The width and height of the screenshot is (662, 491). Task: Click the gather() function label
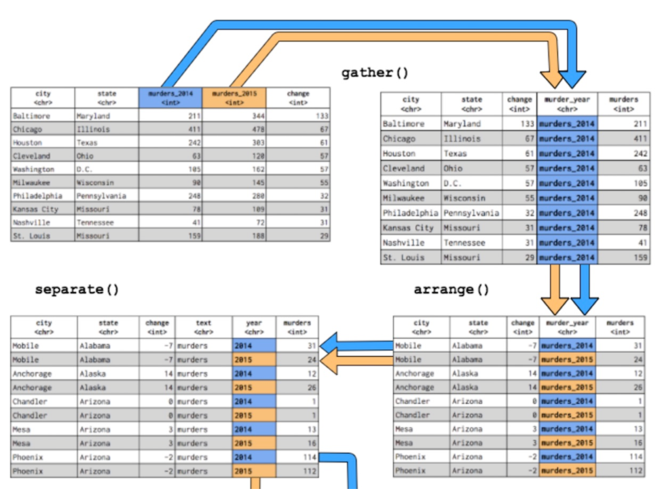click(375, 73)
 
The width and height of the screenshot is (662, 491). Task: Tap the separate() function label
click(77, 289)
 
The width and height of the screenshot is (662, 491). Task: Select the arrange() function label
click(452, 290)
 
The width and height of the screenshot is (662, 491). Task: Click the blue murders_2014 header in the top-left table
click(170, 97)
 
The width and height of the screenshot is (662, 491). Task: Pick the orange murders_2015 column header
click(234, 97)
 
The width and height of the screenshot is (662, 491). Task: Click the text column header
click(204, 327)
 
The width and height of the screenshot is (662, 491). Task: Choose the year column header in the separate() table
click(254, 327)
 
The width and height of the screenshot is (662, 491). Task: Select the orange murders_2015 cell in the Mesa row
click(566, 443)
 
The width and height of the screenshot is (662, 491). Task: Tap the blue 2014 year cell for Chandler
click(253, 401)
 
